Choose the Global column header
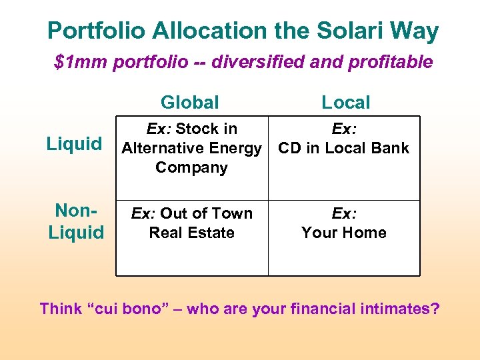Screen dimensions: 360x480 pos(190,102)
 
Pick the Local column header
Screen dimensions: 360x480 pos(345,102)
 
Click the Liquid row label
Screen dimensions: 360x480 pos(74,144)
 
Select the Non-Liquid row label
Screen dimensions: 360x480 pos(75,221)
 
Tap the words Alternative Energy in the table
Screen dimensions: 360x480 pos(191,148)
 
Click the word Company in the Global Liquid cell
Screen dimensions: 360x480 pos(191,167)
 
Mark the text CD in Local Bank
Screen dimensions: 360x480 pos(344,148)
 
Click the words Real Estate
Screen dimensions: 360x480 pos(191,233)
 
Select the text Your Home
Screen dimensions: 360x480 pos(344,233)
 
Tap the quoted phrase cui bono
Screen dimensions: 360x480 pos(137,309)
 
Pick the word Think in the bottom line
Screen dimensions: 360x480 pos(60,309)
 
